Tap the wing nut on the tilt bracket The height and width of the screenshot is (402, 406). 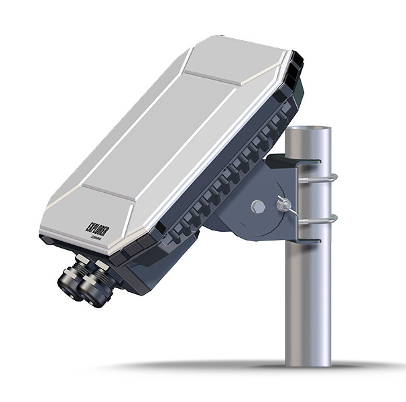click(283, 204)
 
